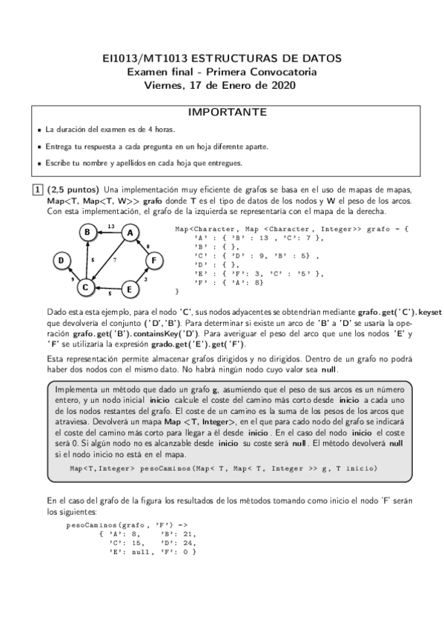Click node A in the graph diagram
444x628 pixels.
click(130, 233)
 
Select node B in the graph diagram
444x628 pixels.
click(87, 233)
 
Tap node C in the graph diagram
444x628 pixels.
click(86, 287)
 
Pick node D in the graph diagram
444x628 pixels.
click(62, 260)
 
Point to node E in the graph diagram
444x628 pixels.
click(130, 289)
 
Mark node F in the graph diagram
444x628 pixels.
click(153, 260)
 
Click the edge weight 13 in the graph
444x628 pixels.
click(110, 225)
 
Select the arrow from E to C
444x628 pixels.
click(108, 288)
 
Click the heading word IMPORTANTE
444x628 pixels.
click(222, 113)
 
